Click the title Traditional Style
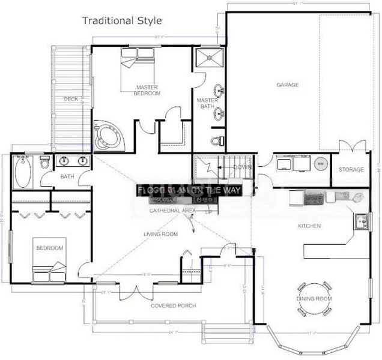[122, 21]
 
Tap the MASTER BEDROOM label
[147, 90]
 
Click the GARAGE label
[287, 85]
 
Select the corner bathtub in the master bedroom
[107, 135]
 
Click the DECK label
[71, 99]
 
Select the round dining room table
[314, 298]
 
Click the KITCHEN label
[309, 226]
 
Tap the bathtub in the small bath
[24, 170]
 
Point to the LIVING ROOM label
[160, 234]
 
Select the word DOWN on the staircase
[242, 167]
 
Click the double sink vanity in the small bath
[73, 161]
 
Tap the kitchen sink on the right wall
[361, 221]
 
